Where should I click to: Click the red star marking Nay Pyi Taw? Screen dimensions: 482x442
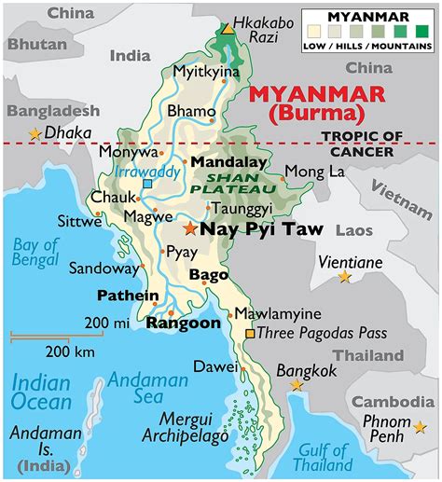tap(190, 228)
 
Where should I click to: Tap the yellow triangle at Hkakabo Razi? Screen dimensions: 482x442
tap(228, 29)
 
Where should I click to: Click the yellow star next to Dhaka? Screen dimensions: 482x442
tap(36, 134)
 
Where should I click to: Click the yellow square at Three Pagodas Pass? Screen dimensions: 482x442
tap(249, 333)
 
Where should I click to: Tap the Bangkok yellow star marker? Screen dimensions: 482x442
tap(297, 385)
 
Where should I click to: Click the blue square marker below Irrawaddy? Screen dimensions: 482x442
tap(147, 184)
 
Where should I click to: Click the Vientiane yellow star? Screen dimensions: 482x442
tap(344, 277)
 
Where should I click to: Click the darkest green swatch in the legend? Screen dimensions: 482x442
tap(421, 32)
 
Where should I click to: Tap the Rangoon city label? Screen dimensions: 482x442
tap(184, 323)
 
